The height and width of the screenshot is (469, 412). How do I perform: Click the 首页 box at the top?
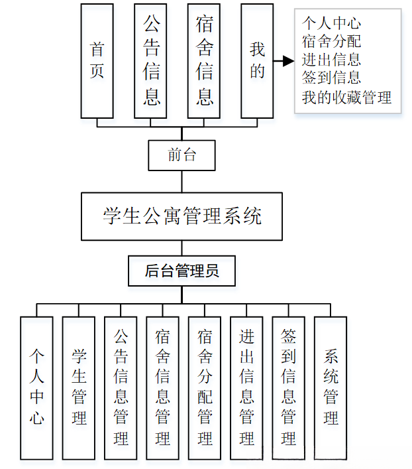(x=97, y=60)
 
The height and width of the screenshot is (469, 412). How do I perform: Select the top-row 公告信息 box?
(x=151, y=60)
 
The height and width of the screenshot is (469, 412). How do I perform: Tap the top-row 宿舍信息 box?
(x=204, y=60)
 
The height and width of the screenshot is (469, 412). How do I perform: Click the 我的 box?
(x=257, y=60)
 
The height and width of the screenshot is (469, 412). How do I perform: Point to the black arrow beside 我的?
(x=283, y=61)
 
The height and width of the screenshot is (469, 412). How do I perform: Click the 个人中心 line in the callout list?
(x=331, y=25)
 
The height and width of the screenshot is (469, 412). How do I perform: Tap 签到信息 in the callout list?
(x=331, y=78)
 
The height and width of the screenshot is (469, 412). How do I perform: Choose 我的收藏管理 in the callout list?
(x=346, y=97)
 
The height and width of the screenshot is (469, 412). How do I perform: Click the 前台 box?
(x=182, y=155)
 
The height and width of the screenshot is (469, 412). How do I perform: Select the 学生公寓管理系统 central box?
(x=182, y=216)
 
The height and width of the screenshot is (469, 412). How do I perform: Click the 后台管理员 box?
(x=182, y=271)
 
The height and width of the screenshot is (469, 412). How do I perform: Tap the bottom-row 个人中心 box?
(x=36, y=387)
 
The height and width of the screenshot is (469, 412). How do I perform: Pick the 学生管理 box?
(x=79, y=387)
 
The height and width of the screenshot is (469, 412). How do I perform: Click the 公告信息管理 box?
(x=121, y=387)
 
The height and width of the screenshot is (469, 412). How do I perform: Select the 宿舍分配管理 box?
(x=205, y=387)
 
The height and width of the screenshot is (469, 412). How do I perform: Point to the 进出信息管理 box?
(x=246, y=387)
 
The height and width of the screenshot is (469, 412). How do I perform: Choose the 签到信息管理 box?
(x=288, y=387)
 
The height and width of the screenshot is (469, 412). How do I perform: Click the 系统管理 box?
(x=331, y=387)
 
